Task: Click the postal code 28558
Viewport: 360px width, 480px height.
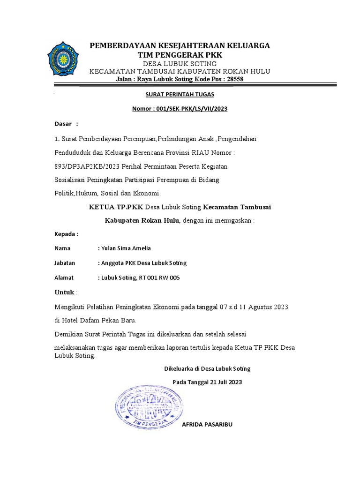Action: click(234, 79)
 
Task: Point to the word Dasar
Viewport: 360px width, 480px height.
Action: click(63, 124)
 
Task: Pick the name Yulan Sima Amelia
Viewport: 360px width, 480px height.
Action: click(126, 248)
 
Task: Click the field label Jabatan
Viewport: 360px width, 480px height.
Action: click(65, 263)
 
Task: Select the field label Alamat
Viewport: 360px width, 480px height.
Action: click(64, 278)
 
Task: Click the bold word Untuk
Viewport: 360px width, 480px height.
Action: click(65, 292)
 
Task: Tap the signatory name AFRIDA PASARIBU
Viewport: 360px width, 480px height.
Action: click(207, 425)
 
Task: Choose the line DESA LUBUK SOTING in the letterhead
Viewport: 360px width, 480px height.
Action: click(180, 64)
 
